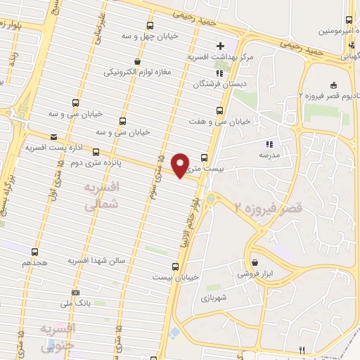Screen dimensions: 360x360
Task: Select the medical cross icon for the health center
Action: click(x=221, y=46)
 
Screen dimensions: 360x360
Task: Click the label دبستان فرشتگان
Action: click(x=221, y=84)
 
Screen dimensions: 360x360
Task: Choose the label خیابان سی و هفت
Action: click(x=220, y=122)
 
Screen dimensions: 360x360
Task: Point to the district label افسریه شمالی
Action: click(x=103, y=196)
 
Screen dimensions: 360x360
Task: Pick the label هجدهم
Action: click(x=34, y=262)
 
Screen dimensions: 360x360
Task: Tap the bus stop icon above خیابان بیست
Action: click(x=176, y=266)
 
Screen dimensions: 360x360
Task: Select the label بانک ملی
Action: click(x=77, y=303)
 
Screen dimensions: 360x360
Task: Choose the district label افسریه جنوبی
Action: click(x=57, y=337)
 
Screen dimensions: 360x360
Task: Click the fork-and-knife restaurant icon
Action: click(x=302, y=349)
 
